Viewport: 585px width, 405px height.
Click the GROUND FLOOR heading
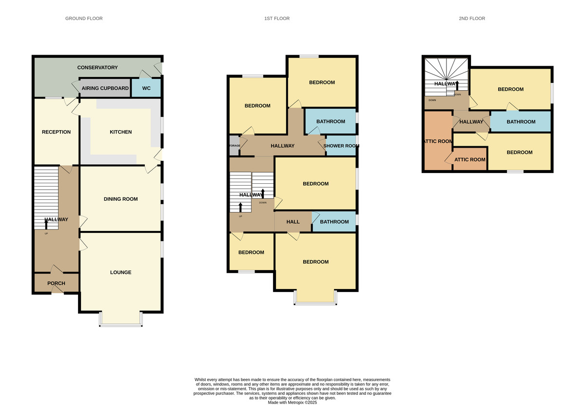point(84,19)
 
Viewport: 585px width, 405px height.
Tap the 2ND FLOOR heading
point(472,19)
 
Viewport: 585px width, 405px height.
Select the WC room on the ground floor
point(146,88)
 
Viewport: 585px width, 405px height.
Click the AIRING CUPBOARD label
point(105,88)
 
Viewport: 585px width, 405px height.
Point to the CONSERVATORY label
point(97,67)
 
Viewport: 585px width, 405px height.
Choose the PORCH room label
point(56,283)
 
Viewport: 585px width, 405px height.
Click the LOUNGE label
point(121,272)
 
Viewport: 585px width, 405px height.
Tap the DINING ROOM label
point(121,199)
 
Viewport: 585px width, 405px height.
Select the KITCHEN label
point(121,132)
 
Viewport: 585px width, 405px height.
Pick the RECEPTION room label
point(56,132)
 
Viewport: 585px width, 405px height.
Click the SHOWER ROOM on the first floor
point(341,146)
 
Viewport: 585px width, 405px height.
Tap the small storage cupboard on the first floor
point(234,145)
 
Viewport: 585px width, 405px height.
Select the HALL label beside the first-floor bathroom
point(293,222)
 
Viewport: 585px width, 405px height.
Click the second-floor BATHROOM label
point(521,122)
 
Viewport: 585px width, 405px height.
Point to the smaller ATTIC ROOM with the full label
point(469,159)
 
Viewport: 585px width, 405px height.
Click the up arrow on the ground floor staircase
point(46,224)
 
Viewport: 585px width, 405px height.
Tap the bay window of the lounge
point(121,319)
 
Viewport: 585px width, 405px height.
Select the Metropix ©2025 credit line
point(292,403)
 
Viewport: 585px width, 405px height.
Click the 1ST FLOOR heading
point(277,19)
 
